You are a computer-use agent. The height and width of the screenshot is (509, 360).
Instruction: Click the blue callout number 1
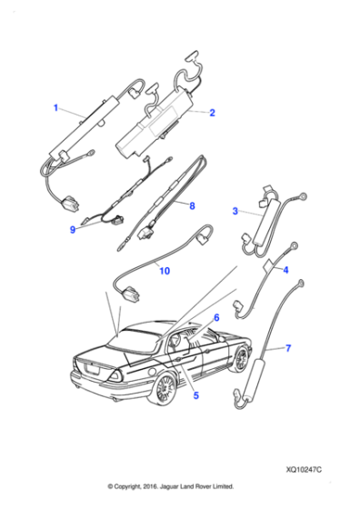[55, 108]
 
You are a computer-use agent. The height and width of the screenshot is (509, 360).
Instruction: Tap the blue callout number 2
[212, 113]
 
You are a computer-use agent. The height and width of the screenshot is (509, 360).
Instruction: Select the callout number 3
[235, 211]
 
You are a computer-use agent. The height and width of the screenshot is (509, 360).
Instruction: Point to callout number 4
[285, 270]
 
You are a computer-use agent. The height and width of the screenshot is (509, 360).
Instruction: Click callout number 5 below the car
[196, 395]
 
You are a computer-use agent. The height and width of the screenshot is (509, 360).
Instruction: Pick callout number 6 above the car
[216, 317]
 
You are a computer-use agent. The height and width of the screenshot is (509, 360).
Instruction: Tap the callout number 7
[288, 348]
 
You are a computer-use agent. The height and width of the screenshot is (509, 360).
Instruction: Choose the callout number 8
[192, 205]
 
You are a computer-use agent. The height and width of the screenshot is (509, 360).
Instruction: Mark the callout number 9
[73, 229]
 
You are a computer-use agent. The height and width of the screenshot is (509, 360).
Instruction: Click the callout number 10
[165, 271]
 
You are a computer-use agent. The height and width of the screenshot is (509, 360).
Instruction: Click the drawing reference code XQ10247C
[304, 470]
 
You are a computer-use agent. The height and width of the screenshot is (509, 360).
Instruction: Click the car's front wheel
[241, 359]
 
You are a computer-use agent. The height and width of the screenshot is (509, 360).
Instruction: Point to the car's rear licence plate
[92, 369]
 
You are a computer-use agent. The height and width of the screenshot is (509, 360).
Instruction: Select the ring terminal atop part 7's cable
[300, 283]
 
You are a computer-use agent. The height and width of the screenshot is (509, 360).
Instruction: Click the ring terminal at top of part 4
[294, 245]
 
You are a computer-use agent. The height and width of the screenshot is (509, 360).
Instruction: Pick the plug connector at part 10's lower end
[131, 293]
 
